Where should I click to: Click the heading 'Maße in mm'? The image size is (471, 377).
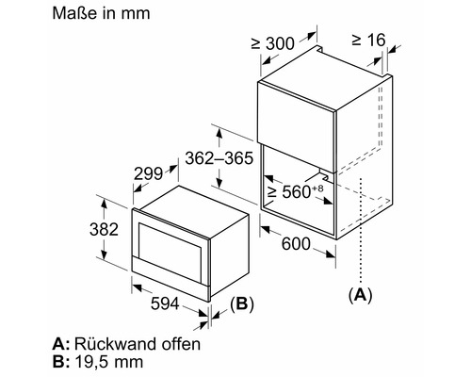pos(101,13)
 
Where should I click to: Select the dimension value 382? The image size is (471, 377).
pos(104,229)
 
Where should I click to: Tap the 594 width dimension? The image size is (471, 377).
pos(165,303)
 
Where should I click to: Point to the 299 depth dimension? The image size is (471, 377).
pos(149,173)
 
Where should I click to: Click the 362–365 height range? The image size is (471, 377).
pos(219,158)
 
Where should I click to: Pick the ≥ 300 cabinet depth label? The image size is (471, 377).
pos(273,43)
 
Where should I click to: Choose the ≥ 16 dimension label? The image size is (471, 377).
pos(368,40)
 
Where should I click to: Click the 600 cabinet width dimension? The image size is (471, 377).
pos(296,244)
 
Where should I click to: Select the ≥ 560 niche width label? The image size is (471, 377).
pos(290,191)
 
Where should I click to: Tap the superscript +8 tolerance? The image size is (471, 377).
pos(317,188)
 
